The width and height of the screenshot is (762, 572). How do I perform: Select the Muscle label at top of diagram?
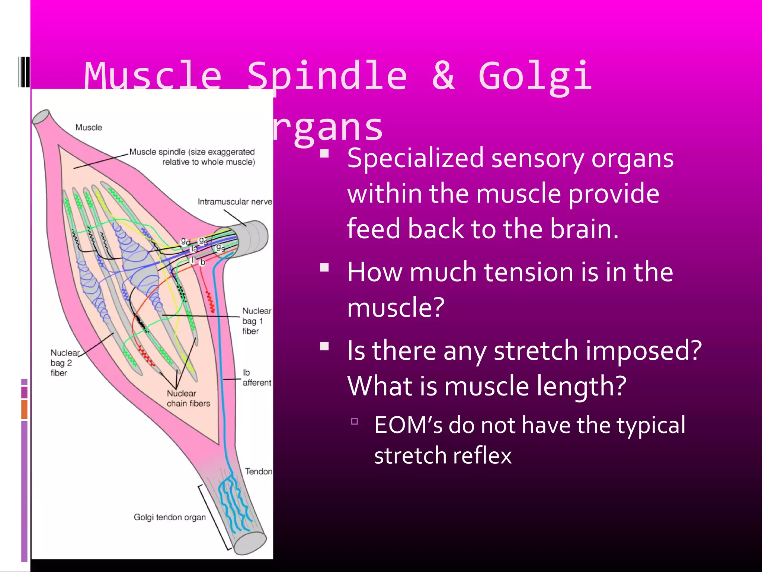[x=89, y=127]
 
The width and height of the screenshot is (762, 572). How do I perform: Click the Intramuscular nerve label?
[x=235, y=201]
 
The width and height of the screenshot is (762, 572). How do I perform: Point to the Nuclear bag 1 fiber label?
[x=256, y=321]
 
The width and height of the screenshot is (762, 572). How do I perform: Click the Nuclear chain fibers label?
[x=188, y=398]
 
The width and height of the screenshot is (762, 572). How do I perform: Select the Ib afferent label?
[x=256, y=378]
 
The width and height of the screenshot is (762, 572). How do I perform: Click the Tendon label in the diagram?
[x=259, y=471]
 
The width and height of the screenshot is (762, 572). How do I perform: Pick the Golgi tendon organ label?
[x=170, y=517]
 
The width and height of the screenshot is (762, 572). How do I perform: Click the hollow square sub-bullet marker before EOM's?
[x=355, y=422]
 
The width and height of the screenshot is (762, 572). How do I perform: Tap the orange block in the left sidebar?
[x=24, y=409]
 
